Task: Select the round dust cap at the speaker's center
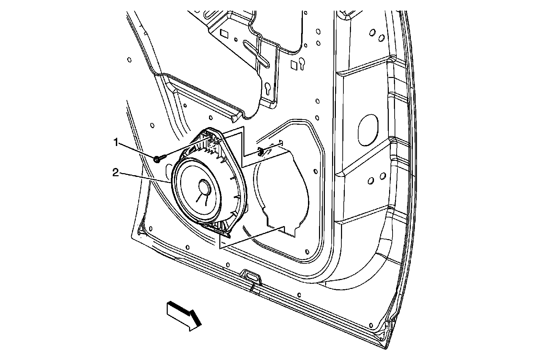click(205, 187)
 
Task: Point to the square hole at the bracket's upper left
click(224, 34)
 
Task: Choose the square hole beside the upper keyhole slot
click(294, 64)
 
